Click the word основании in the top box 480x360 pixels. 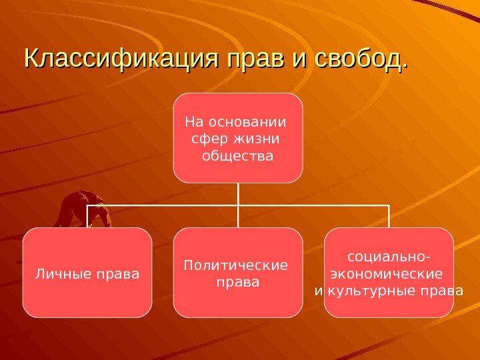(x=247, y=122)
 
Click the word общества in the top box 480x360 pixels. (x=238, y=157)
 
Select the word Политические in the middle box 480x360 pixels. (x=236, y=265)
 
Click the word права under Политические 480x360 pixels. (x=238, y=283)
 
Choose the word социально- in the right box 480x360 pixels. (x=389, y=256)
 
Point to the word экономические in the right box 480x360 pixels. (x=387, y=273)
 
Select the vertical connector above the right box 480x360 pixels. (x=389, y=216)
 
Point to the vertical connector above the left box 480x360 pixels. (x=87, y=216)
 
